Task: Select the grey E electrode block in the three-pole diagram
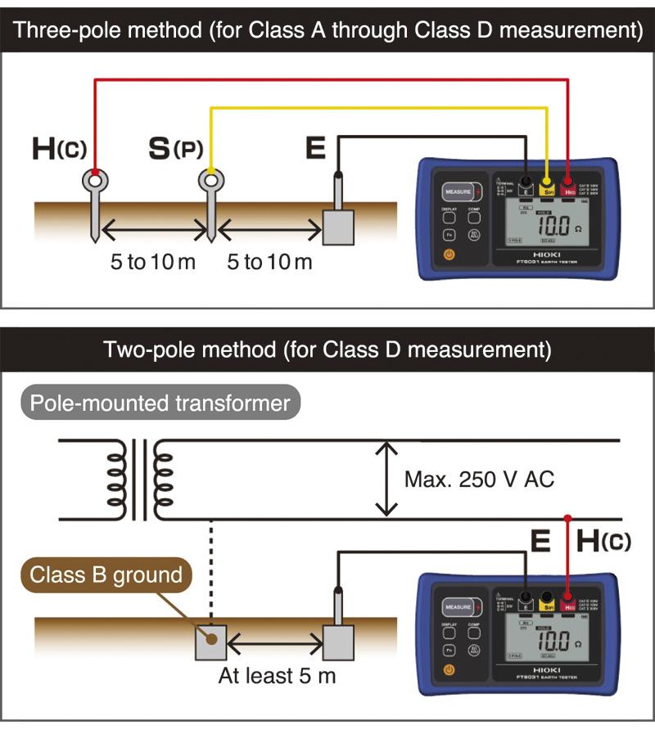(x=337, y=227)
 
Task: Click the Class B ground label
(x=106, y=574)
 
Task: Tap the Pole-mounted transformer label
(x=160, y=403)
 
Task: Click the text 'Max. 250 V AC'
(x=479, y=479)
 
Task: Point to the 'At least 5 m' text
(x=277, y=677)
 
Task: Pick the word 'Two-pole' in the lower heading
(x=148, y=350)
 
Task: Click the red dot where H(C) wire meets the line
(x=568, y=518)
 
